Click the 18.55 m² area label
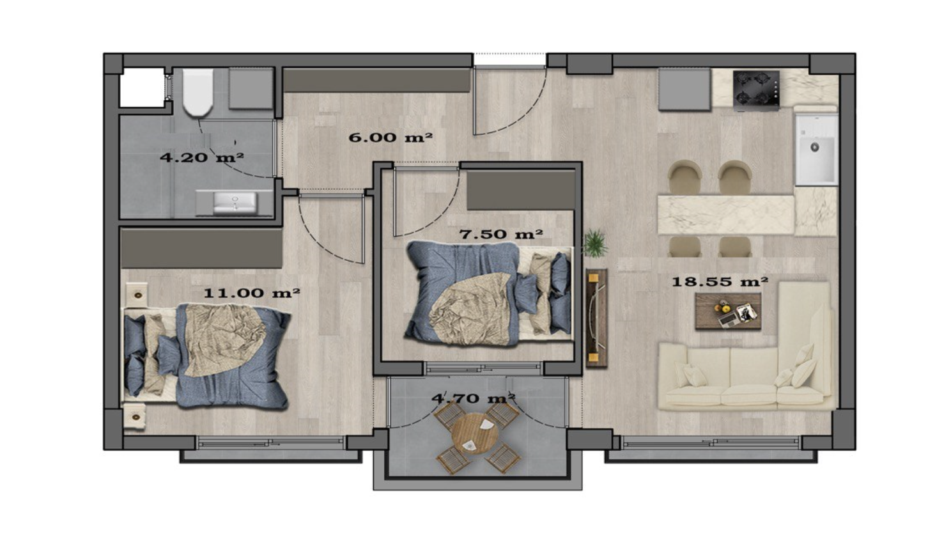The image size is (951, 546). coord(720,281)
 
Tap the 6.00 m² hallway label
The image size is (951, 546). coord(390,137)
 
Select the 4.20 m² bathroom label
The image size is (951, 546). coord(202,157)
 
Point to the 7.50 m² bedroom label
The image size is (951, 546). coord(501,234)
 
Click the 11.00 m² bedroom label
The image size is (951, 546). coord(252,293)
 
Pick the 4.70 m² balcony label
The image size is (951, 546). coord(474,398)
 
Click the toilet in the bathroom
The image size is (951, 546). coord(198,93)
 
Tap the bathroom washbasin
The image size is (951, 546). coord(235,203)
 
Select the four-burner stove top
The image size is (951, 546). coord(756,90)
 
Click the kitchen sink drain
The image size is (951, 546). coord(815,147)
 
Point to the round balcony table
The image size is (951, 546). coord(476,433)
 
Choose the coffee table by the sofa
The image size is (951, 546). coord(728,311)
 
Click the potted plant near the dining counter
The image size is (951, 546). coord(594,243)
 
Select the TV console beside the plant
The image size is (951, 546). coord(596,318)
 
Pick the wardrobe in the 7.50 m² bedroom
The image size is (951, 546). coord(521,191)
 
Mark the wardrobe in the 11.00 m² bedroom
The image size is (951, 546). coord(201,249)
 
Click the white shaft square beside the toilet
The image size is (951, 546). coord(141,88)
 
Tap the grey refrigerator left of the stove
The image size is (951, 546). coord(684,90)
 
